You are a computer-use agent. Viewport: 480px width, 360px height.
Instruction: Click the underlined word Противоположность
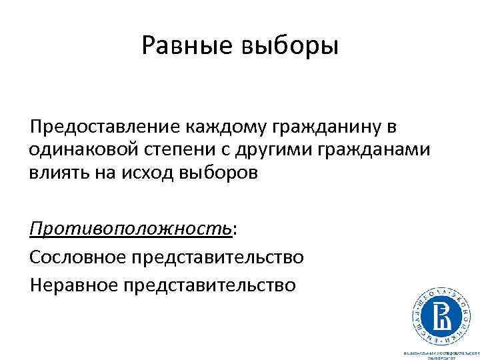click(131, 229)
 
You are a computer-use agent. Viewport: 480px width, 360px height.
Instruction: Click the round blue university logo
click(438, 312)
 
